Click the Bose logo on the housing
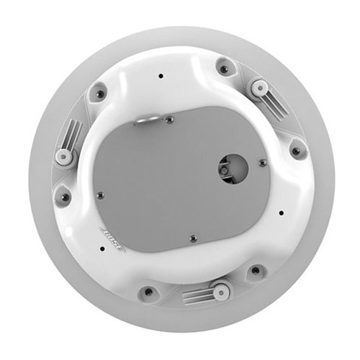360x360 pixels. [113, 240]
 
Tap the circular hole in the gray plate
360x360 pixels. [233, 168]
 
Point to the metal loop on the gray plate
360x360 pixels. [147, 120]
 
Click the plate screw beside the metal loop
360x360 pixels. [170, 120]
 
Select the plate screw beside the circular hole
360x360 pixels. [263, 163]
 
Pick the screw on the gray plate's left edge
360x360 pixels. [101, 196]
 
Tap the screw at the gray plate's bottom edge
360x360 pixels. [194, 238]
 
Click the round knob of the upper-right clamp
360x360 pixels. [259, 88]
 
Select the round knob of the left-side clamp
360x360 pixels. [63, 157]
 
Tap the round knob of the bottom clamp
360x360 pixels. [220, 292]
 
